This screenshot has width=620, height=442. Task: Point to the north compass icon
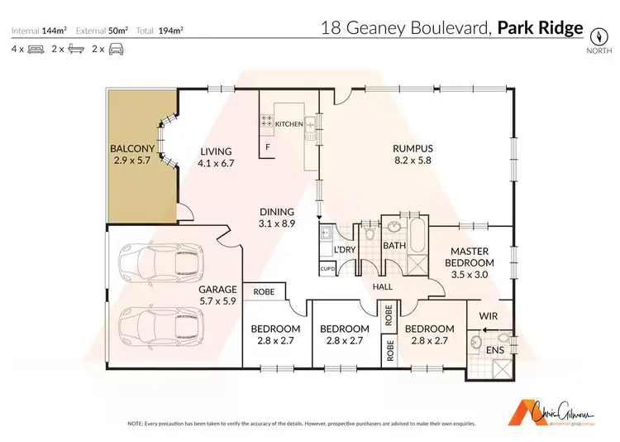pos(599,37)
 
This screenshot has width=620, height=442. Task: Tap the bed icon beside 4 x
pos(36,50)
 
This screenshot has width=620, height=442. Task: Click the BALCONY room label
pos(133,150)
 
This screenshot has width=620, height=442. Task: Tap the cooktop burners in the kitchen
pos(269,122)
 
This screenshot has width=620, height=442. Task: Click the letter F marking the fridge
pos(267,147)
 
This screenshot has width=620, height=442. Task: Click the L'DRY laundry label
pos(343,250)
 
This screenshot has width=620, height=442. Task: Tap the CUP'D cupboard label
pos(327,268)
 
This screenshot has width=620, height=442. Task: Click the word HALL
pos(382,287)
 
